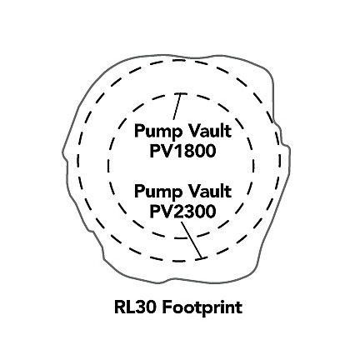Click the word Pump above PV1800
pyautogui.click(x=156, y=132)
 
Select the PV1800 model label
pyautogui.click(x=182, y=151)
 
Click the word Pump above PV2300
pyautogui.click(x=156, y=192)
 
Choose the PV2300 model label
pyautogui.click(x=182, y=212)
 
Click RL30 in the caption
pyautogui.click(x=134, y=307)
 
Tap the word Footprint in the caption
pyautogui.click(x=202, y=308)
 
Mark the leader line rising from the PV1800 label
pyautogui.click(x=177, y=107)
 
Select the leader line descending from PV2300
pyautogui.click(x=191, y=240)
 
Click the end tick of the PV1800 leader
pyautogui.click(x=181, y=94)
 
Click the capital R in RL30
pyautogui.click(x=120, y=307)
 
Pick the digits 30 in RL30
pyautogui.click(x=145, y=307)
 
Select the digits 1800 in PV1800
pyautogui.click(x=195, y=151)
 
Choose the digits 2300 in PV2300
pyautogui.click(x=195, y=212)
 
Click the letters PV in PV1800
pyautogui.click(x=162, y=151)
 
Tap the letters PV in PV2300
pyautogui.click(x=162, y=212)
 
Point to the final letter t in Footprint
pyautogui.click(x=239, y=308)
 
